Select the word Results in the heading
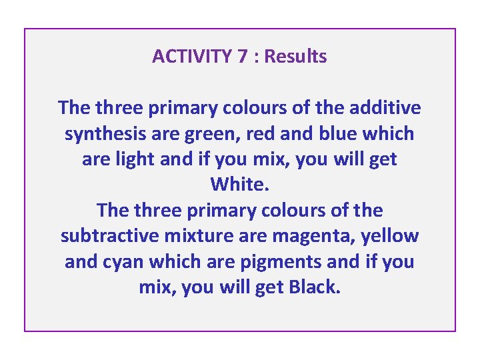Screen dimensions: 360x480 click(296, 57)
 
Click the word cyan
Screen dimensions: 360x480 click(123, 262)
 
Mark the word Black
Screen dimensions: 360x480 click(315, 287)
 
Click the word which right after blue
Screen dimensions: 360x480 click(388, 133)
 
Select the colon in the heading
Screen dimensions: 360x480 click(256, 57)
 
